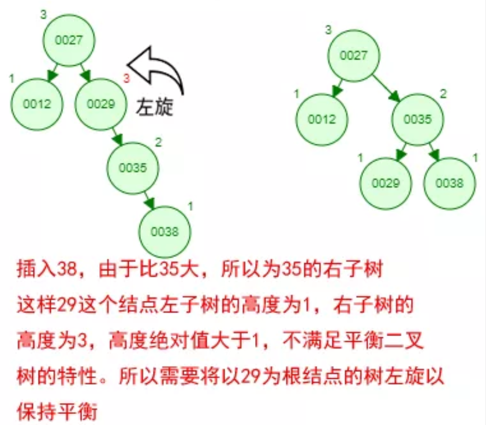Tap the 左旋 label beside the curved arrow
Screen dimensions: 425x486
pos(155,107)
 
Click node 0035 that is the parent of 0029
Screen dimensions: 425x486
pos(418,120)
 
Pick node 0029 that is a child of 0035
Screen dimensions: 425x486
pos(386,183)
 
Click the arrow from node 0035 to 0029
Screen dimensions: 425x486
pos(401,152)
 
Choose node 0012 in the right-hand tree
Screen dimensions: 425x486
pos(321,120)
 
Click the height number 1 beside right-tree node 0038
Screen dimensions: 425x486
pos(474,157)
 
